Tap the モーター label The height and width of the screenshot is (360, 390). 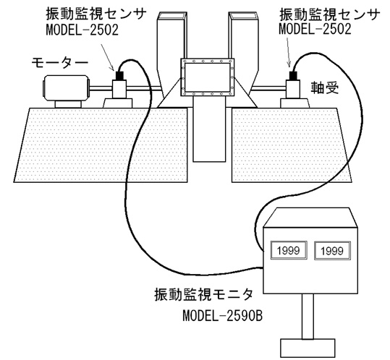click(59, 63)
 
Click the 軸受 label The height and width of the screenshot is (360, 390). click(325, 87)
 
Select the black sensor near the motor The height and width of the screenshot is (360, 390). click(119, 75)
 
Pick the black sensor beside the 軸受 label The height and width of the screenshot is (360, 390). click(294, 75)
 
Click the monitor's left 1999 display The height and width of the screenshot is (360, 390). click(289, 250)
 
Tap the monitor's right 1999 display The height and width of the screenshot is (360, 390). click(332, 251)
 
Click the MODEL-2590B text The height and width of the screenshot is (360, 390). click(223, 316)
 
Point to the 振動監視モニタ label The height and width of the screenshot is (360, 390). click(203, 295)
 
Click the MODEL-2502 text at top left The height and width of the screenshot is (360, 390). click(82, 30)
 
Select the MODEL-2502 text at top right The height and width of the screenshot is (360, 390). click(315, 29)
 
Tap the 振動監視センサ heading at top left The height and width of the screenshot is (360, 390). click(96, 14)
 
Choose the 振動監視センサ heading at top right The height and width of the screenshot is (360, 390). click(330, 14)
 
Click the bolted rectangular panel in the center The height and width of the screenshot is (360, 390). click(207, 77)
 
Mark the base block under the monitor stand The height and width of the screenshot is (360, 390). click(308, 348)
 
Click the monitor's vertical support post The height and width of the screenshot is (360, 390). click(308, 317)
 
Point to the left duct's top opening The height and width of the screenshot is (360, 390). click(172, 15)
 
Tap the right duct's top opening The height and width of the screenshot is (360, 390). click(244, 15)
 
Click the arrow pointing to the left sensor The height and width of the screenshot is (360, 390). click(107, 58)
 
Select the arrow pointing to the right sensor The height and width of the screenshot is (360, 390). click(289, 53)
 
